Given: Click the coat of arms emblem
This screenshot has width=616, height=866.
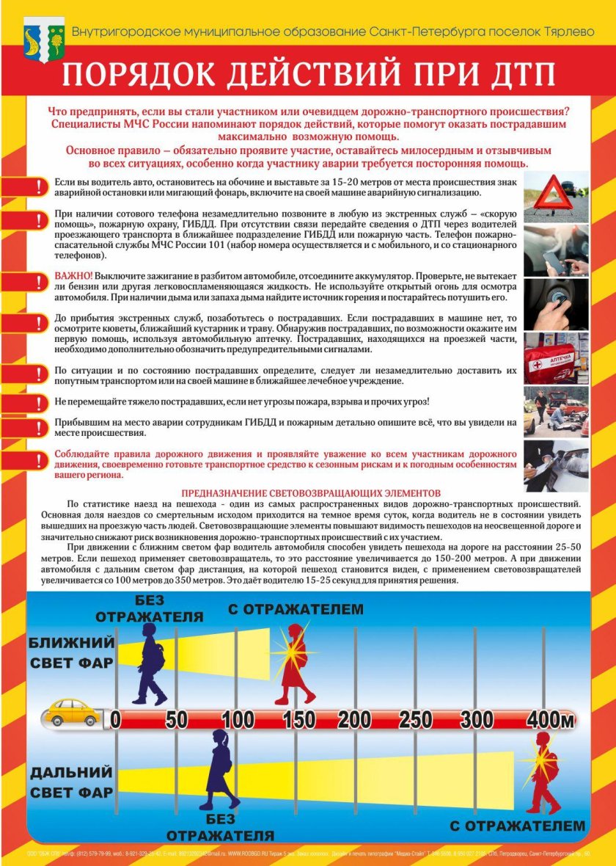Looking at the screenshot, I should click(x=44, y=37).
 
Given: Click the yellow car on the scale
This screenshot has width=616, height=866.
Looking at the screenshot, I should click(x=71, y=713).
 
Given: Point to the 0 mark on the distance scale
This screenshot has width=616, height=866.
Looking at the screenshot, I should click(x=116, y=719).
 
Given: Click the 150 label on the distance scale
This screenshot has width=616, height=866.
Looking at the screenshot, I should click(x=299, y=719).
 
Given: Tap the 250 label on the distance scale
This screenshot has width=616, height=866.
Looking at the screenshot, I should click(x=416, y=719).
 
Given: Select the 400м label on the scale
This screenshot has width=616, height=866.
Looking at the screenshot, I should click(x=549, y=719).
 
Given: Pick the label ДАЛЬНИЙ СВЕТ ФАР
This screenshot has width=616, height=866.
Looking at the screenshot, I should click(x=71, y=782).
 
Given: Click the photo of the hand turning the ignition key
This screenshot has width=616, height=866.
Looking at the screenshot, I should click(x=556, y=304).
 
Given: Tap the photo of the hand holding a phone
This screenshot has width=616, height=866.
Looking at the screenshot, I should click(x=556, y=250).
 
